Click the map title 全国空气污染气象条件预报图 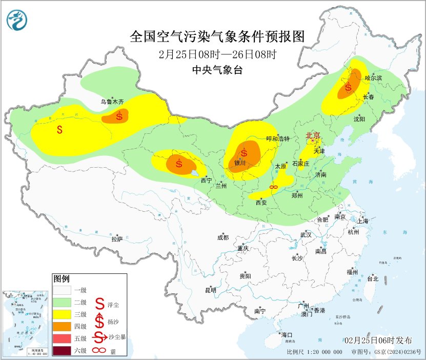(x=217, y=37)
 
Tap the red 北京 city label (x=313, y=135)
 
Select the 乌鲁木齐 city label (x=112, y=102)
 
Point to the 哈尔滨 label (x=373, y=78)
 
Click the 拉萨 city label (x=117, y=238)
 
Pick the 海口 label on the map (x=287, y=334)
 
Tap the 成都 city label (x=222, y=237)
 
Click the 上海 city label (x=363, y=221)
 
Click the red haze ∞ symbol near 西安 (x=273, y=188)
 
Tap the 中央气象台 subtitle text (x=217, y=70)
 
